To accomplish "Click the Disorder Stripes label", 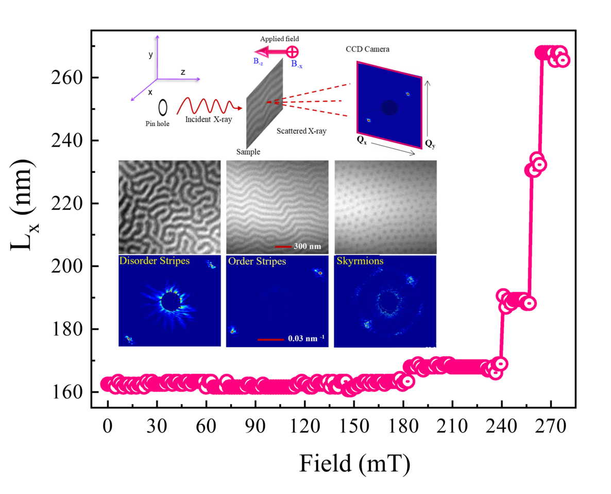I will click(154, 261).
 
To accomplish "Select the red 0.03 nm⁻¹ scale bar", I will click(270, 339).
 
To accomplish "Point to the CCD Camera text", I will click(368, 49).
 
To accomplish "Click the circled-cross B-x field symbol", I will click(292, 52).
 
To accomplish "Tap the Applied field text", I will click(279, 39).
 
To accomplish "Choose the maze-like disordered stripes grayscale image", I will click(169, 206).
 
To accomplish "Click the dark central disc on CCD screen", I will click(389, 108).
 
